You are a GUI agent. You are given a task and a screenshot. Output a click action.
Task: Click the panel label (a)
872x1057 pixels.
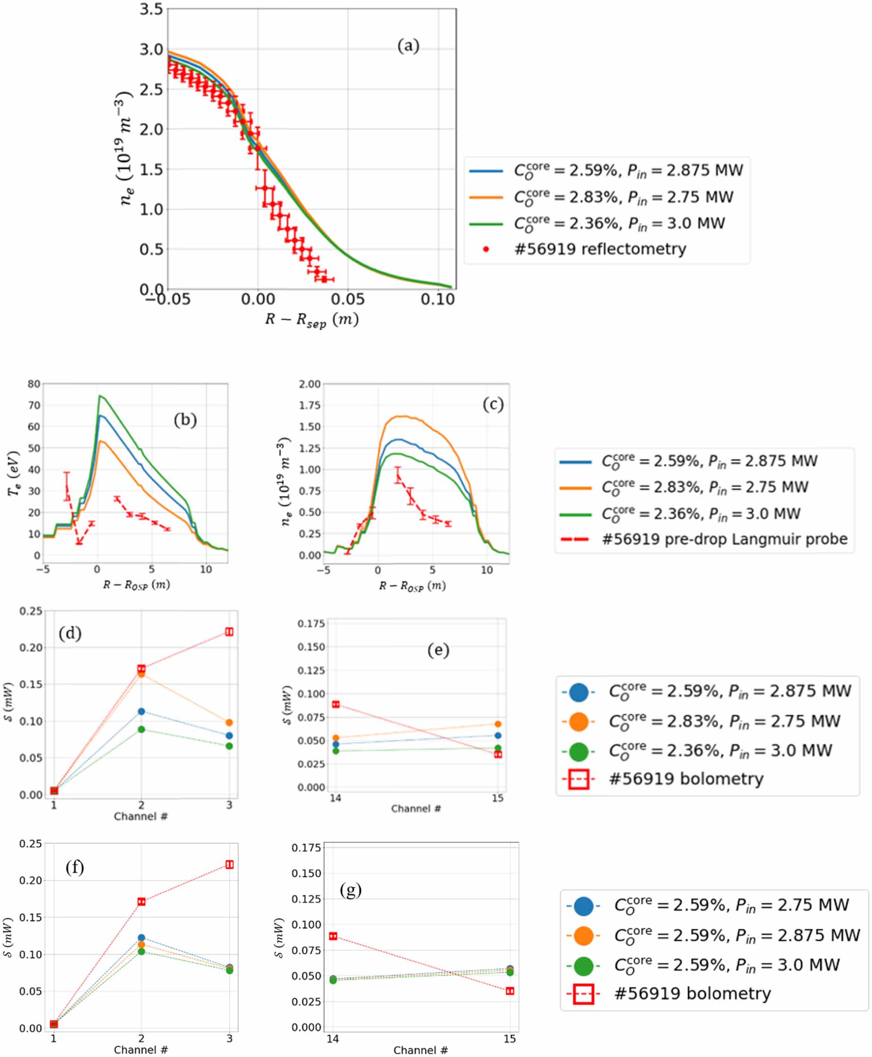pyautogui.click(x=408, y=46)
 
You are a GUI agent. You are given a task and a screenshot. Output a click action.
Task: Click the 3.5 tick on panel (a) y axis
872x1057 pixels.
pyautogui.click(x=151, y=9)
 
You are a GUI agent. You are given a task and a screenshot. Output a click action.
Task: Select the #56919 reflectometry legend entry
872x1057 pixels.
pyautogui.click(x=600, y=249)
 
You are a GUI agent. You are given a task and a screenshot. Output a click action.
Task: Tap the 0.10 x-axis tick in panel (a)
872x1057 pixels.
pyautogui.click(x=437, y=299)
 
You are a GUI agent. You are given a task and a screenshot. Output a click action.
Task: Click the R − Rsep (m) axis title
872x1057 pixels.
pyautogui.click(x=312, y=320)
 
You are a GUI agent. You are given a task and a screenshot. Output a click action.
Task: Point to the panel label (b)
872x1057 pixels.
pyautogui.click(x=185, y=419)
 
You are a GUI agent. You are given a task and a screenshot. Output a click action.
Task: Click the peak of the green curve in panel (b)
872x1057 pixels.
pyautogui.click(x=100, y=396)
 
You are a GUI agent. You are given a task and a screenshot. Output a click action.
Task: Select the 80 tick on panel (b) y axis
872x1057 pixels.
pyautogui.click(x=33, y=384)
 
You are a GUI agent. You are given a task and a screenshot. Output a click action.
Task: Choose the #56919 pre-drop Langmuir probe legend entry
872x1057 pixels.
pyautogui.click(x=724, y=539)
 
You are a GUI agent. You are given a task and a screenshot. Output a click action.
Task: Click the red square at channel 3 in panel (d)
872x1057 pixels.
pyautogui.click(x=229, y=631)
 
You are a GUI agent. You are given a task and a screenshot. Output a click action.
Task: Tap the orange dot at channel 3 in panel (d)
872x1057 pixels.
pyautogui.click(x=229, y=722)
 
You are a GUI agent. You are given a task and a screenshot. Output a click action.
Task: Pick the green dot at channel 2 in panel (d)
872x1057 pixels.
pyautogui.click(x=142, y=729)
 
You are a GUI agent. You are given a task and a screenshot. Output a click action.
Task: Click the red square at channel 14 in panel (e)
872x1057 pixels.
pyautogui.click(x=336, y=705)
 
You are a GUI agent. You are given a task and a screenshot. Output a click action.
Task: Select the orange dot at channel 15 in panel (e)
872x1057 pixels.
pyautogui.click(x=498, y=724)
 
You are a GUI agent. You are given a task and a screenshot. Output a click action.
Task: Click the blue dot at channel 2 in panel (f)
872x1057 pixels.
pyautogui.click(x=142, y=937)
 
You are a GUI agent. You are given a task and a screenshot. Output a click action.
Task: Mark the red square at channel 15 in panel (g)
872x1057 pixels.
pyautogui.click(x=510, y=991)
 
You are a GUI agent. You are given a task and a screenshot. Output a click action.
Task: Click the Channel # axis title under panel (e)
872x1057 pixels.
pyautogui.click(x=416, y=809)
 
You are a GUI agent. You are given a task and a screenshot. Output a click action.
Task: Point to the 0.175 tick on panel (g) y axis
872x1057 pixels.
pyautogui.click(x=306, y=848)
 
